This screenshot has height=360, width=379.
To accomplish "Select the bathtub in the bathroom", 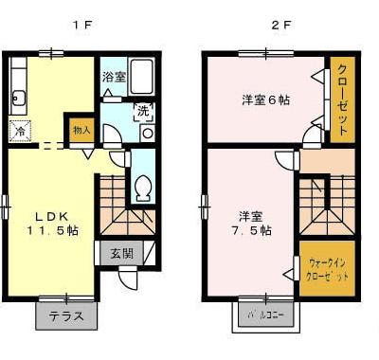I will [142, 75].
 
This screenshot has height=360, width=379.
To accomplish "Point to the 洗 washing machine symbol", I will [142, 109].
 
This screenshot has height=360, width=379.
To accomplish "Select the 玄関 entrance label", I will [121, 253].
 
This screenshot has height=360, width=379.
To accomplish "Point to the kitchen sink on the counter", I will [18, 97].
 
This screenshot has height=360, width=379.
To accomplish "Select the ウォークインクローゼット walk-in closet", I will [327, 269].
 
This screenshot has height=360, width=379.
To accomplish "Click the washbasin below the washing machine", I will [148, 134].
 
